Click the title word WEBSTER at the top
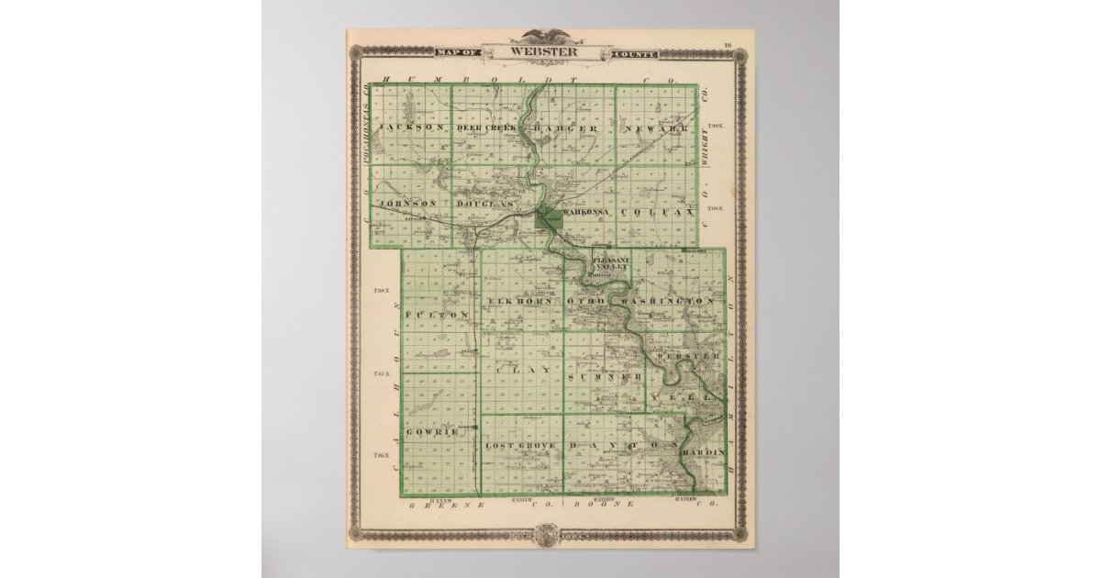point(546,52)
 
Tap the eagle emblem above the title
point(546,37)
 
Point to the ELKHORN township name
point(520,301)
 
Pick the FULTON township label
point(437,314)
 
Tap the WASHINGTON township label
point(667,301)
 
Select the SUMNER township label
point(603,377)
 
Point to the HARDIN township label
point(705,452)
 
